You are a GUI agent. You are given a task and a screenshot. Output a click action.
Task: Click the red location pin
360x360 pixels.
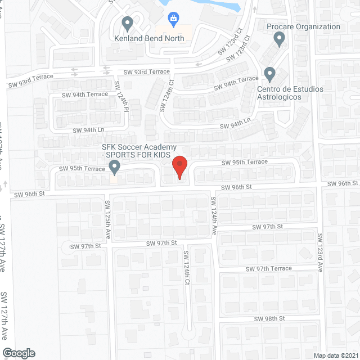tap(179, 167)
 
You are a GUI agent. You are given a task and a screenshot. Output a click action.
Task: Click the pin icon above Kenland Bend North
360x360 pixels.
tap(127, 24)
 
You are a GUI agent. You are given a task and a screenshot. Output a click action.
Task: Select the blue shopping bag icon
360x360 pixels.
tap(173, 19)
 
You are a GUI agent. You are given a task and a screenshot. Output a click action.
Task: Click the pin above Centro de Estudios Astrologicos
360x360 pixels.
tap(269, 74)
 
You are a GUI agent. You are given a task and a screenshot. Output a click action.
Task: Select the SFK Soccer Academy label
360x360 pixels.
tap(134, 151)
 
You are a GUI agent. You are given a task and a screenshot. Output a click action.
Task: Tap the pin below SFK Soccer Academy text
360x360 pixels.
tap(115, 166)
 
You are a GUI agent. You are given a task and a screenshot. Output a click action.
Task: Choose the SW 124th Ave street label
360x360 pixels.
tap(214, 215)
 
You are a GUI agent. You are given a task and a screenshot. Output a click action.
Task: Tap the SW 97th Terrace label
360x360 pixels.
tap(268, 268)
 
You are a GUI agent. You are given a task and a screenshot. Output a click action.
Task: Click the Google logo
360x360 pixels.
tap(18, 353)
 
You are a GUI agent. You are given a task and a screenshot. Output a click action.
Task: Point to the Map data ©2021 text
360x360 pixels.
tap(334, 355)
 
